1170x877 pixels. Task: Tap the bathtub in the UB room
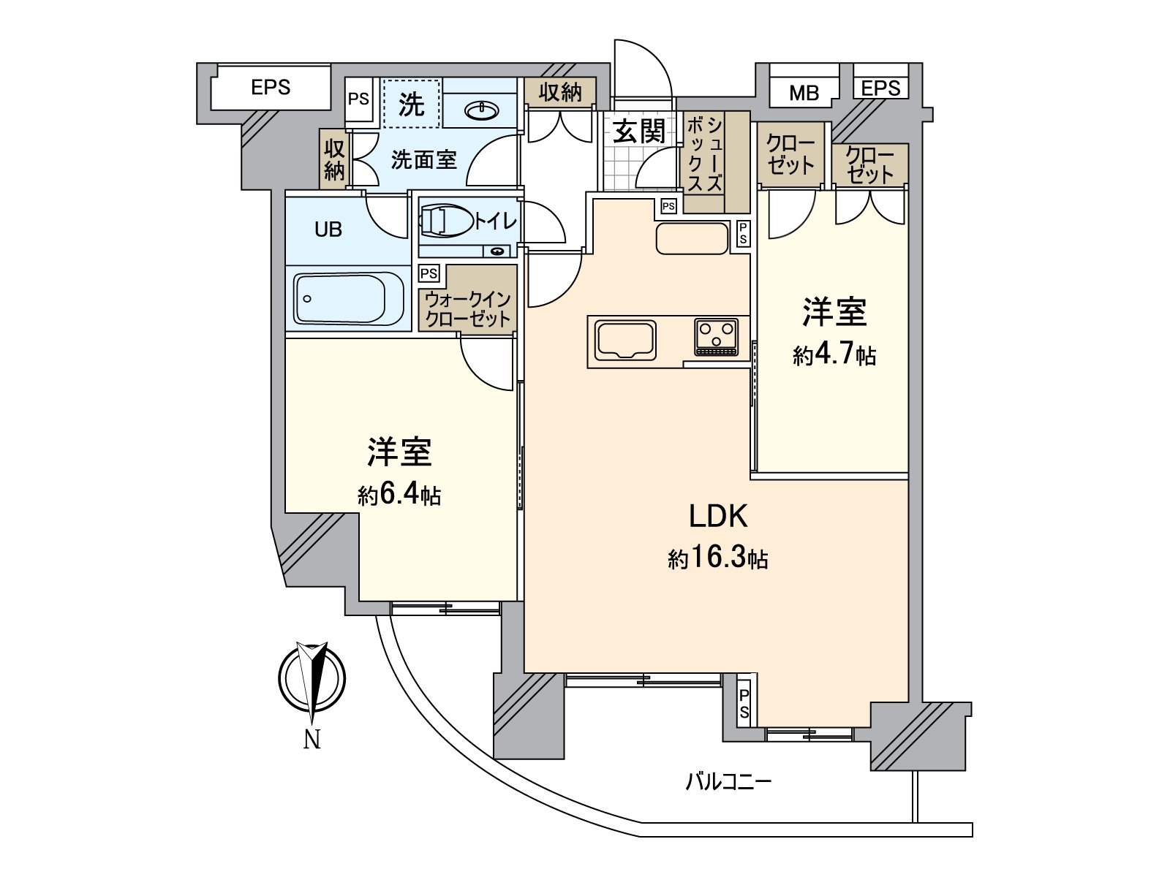click(x=350, y=298)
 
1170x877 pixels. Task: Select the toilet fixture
click(x=445, y=221)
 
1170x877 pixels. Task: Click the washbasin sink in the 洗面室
click(x=482, y=110)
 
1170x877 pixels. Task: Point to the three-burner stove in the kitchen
click(x=717, y=337)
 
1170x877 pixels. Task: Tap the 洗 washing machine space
click(x=412, y=105)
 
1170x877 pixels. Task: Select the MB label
click(x=804, y=93)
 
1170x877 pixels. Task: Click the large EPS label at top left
click(x=271, y=88)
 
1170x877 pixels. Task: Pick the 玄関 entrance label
click(x=640, y=132)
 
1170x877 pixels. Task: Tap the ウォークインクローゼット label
click(x=467, y=309)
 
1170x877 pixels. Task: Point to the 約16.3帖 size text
click(x=717, y=560)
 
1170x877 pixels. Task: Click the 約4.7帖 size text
click(x=834, y=356)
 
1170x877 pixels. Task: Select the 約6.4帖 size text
click(x=399, y=496)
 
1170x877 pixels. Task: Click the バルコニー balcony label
click(x=728, y=783)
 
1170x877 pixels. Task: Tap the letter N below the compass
click(x=312, y=740)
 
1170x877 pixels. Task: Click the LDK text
click(x=718, y=517)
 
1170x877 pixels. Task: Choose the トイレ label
click(x=496, y=221)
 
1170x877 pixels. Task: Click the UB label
click(x=328, y=229)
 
